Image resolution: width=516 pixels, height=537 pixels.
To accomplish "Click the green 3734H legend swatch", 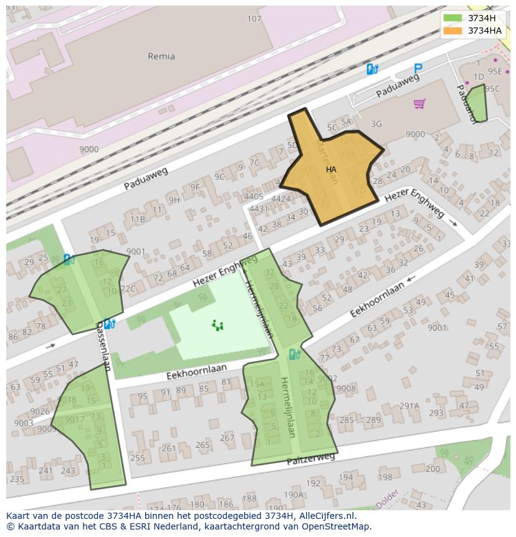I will [x=453, y=18].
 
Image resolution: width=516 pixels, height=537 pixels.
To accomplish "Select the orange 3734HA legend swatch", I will [x=453, y=31].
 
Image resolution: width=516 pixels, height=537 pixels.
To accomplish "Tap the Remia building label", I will [x=161, y=56].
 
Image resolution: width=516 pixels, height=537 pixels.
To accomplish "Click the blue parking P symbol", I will [x=418, y=69].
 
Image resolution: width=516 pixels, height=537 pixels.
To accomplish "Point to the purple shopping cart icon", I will [x=419, y=104].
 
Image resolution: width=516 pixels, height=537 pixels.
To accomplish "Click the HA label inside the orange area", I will [x=331, y=169].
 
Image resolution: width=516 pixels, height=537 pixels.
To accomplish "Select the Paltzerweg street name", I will [x=310, y=460].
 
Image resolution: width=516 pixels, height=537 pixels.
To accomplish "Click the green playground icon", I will [x=217, y=325].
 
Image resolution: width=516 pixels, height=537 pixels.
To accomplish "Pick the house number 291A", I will [x=409, y=406].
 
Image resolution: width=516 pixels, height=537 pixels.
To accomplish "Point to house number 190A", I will [x=293, y=495].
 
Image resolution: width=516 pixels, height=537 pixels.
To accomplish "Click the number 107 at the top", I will [x=254, y=19].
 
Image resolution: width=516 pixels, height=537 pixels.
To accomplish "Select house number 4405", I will [x=254, y=196].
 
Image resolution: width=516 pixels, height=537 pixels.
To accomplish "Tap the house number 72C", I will [x=127, y=289].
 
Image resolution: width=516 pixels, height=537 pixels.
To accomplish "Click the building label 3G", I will [x=376, y=124].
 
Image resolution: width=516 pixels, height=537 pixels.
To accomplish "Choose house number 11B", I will [x=137, y=219].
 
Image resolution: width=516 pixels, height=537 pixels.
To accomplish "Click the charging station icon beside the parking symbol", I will [x=373, y=69].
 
